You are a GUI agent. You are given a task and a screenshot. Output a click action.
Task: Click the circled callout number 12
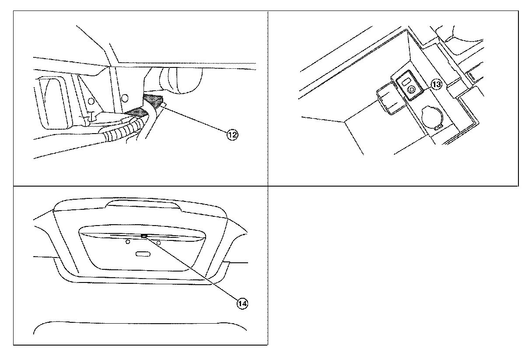click(232, 135)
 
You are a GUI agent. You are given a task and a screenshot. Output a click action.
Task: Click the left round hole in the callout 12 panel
click(91, 101)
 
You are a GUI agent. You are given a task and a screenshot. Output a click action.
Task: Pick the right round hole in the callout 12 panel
click(125, 98)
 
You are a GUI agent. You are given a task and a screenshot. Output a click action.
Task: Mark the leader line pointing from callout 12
click(195, 119)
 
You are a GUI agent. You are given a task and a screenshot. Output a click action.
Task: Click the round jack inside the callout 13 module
click(411, 89)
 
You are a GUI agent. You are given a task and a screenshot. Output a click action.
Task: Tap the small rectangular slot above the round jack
click(406, 81)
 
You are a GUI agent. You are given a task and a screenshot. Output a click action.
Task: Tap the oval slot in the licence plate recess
click(143, 254)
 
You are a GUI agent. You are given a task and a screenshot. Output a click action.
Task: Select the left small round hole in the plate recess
click(127, 241)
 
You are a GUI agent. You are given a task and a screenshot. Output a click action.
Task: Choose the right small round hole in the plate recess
click(159, 242)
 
